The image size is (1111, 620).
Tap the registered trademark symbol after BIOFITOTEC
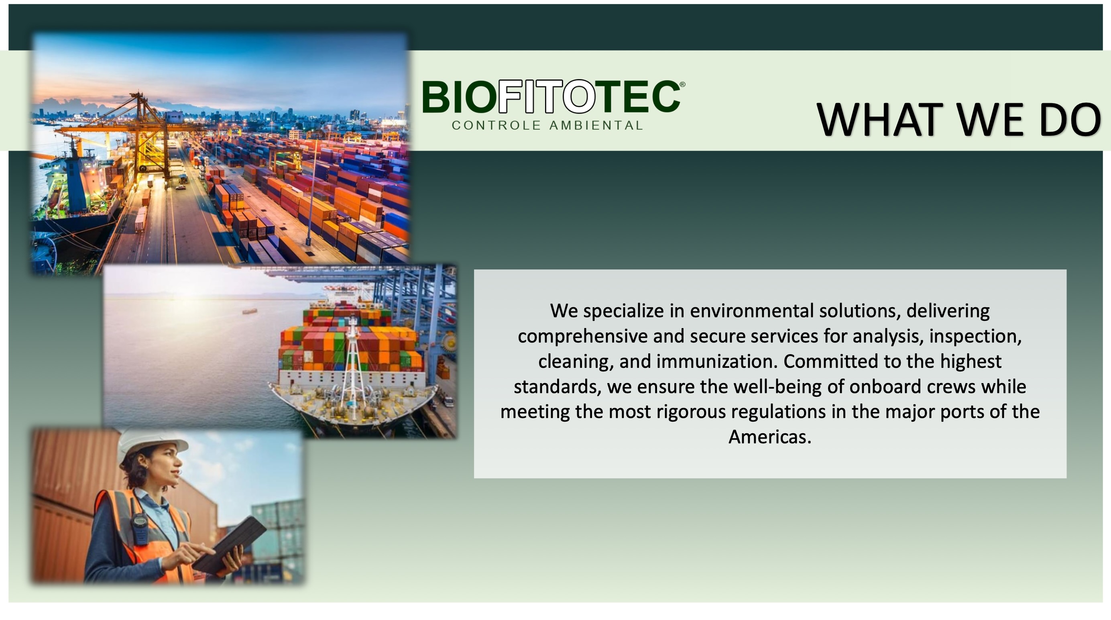682,85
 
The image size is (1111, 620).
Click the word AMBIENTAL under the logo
596,126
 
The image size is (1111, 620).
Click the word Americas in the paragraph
770,436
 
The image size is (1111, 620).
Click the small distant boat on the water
249,311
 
